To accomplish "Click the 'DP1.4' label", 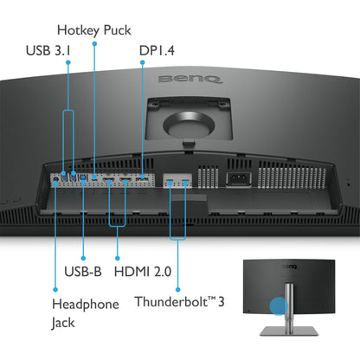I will (157, 49).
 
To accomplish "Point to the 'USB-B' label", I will (83, 270).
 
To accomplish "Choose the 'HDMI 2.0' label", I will (143, 270).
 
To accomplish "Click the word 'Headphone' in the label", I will (86, 304).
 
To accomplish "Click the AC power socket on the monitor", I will (239, 179).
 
